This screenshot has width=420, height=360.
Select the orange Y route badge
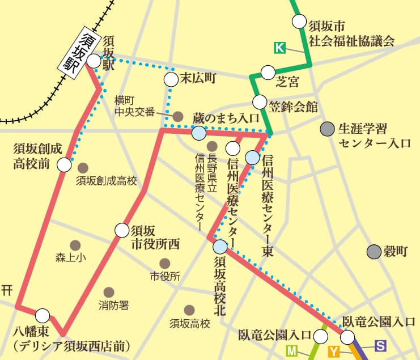click(x=334, y=352)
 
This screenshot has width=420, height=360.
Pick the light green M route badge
click(x=292, y=351)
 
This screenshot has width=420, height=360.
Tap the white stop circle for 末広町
click(x=171, y=79)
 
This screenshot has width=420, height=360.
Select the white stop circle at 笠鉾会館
click(x=260, y=103)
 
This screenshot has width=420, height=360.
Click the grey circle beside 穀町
click(x=373, y=251)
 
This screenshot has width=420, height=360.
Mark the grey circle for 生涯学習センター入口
click(x=326, y=129)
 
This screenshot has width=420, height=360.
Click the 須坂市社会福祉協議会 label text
click(x=351, y=33)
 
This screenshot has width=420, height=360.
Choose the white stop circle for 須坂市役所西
click(x=122, y=230)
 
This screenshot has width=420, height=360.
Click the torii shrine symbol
click(x=7, y=291)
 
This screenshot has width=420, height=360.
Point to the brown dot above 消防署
click(x=109, y=292)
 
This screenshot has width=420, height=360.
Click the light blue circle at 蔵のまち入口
click(x=198, y=133)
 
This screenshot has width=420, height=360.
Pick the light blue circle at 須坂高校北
click(x=220, y=247)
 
